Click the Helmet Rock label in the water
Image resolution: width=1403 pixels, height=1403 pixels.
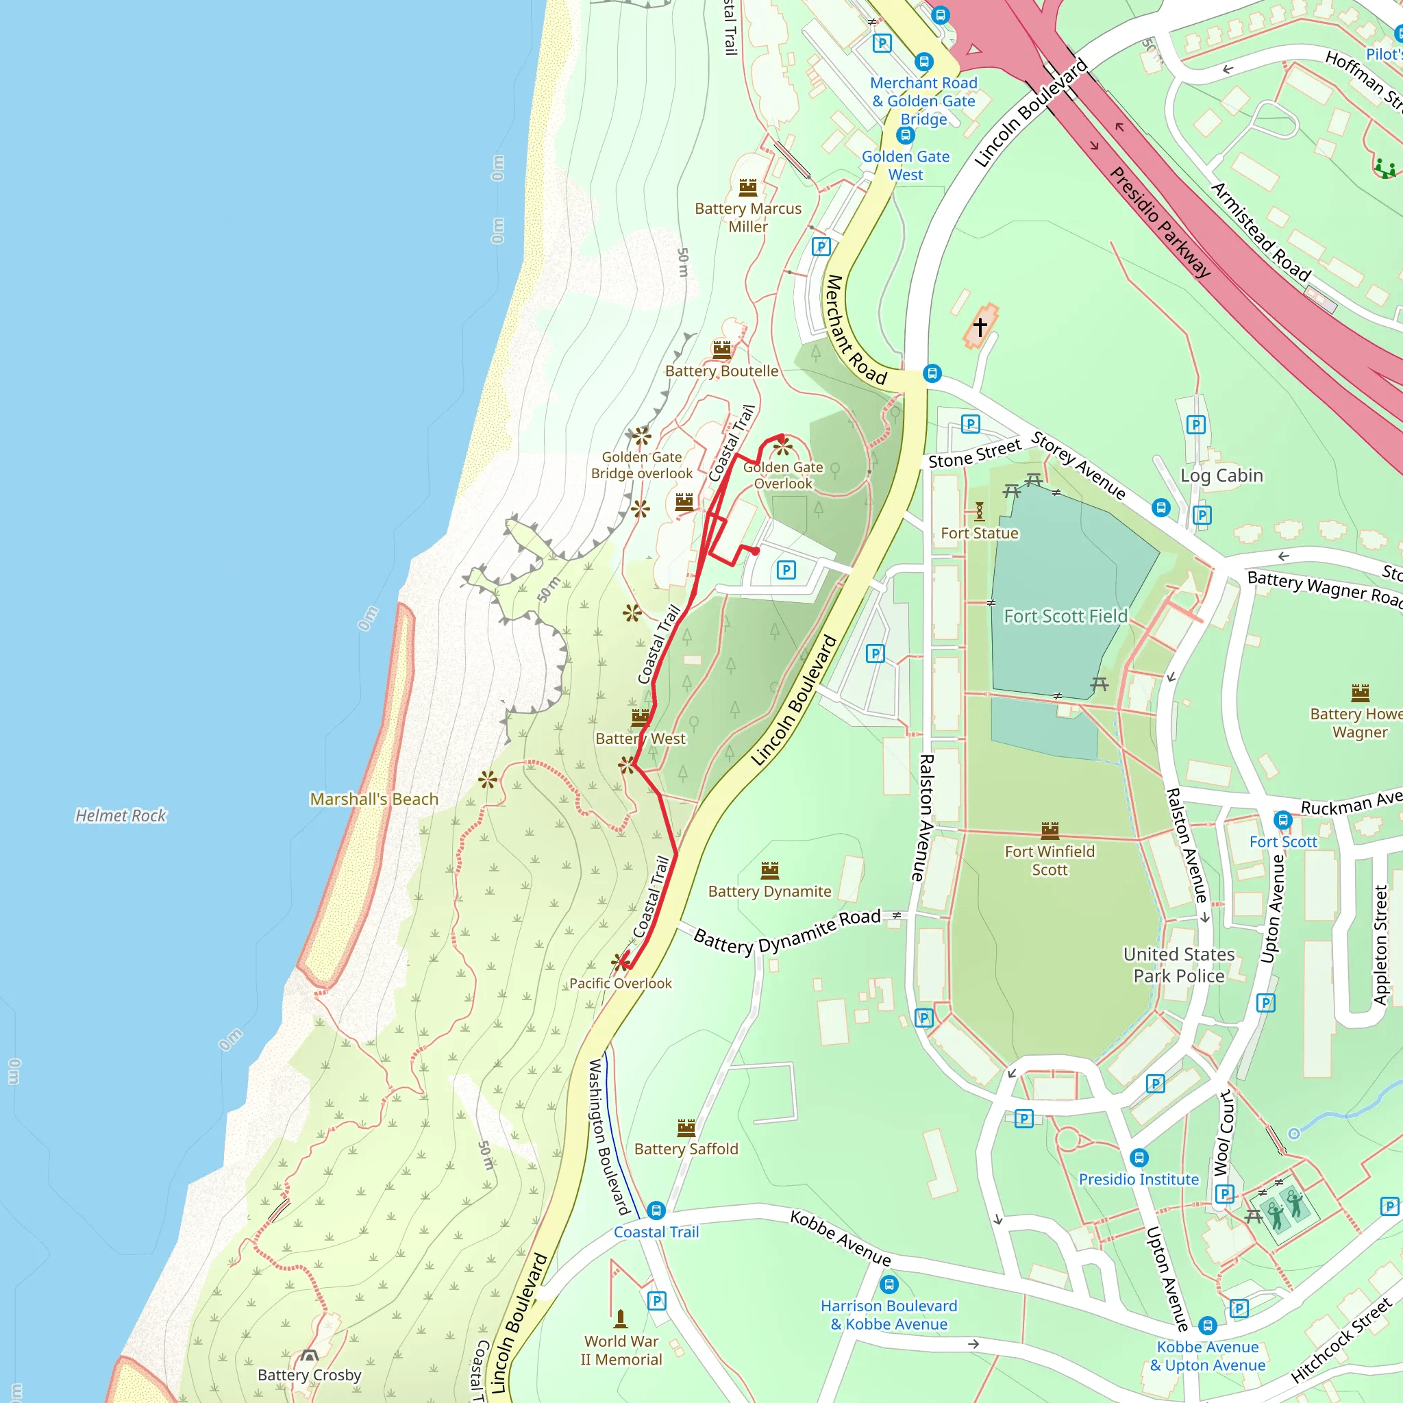coord(121,815)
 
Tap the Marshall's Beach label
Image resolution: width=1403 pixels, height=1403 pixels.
coord(374,799)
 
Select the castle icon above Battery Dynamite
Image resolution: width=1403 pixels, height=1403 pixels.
coord(770,869)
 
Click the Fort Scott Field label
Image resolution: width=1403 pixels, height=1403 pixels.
coord(1065,616)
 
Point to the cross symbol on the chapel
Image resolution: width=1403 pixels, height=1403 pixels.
coord(980,327)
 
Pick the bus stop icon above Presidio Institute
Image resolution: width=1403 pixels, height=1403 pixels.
coord(1139,1158)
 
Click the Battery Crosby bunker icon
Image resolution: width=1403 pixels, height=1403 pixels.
coord(310,1356)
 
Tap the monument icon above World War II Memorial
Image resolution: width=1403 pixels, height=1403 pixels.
coord(621,1318)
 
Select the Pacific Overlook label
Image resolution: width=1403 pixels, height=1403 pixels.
coord(620,983)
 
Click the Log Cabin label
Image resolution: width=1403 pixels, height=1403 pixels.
coord(1221,475)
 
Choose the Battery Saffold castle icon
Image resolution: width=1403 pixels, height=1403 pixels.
coord(686,1128)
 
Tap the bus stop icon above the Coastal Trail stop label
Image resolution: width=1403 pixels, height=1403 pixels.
coord(656,1210)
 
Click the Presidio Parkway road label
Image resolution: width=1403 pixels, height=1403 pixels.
coord(1160,222)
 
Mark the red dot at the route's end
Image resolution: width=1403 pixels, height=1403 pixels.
coord(756,551)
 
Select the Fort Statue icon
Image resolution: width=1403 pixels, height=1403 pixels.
coord(980,511)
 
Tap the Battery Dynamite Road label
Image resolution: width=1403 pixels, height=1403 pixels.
coord(787,931)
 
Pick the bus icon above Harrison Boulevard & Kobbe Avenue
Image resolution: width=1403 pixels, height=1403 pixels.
coord(889,1284)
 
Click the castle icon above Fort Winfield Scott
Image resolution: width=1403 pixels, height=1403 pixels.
coord(1050,830)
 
